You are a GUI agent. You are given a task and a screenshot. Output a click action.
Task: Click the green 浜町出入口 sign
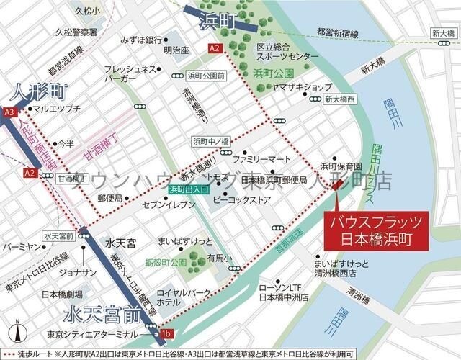[188, 189]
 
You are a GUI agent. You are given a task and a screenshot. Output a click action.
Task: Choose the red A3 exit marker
[9, 112]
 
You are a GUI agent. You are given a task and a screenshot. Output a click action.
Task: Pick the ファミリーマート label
[261, 158]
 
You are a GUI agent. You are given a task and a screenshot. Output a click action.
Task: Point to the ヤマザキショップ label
[302, 86]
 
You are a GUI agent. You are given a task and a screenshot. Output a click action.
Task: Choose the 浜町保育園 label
[336, 165]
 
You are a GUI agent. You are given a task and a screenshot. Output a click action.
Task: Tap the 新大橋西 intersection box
[340, 99]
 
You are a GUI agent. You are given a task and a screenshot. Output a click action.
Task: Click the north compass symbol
[19, 333]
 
